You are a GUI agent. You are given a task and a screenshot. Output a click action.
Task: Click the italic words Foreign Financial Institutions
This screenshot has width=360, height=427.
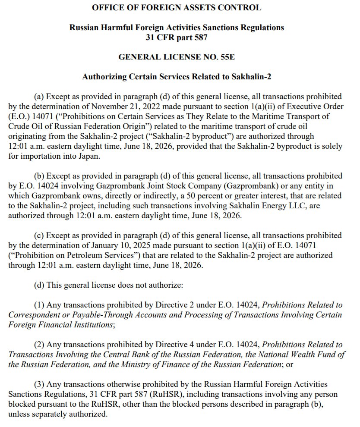(x=60, y=325)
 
